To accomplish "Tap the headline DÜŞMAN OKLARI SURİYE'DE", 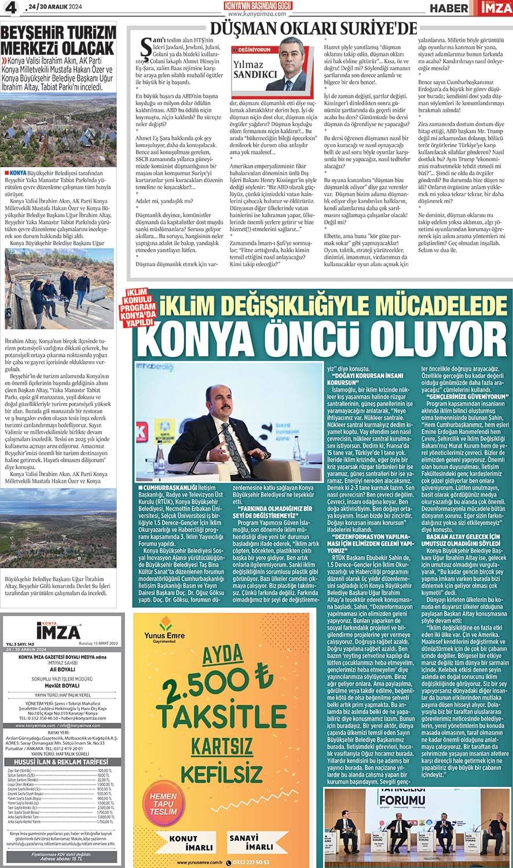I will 313,27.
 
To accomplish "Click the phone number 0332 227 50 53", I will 259,861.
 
